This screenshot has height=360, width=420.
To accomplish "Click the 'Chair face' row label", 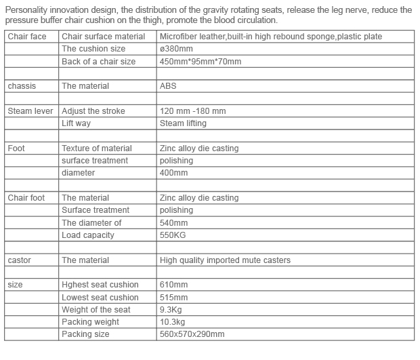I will coord(27,37).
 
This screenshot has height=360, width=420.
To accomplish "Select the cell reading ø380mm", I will coord(176,49).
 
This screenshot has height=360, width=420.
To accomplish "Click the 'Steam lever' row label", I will coord(30,111).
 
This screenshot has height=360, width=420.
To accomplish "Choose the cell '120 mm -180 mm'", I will coord(193,111).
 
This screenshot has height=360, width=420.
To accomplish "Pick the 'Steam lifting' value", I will coord(183,123).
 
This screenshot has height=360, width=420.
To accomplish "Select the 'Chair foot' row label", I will coord(26,198).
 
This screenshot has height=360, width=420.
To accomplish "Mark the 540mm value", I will coord(175,223).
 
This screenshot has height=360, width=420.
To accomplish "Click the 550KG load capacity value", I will coord(173,235).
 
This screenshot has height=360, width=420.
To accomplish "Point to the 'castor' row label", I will coord(20,260).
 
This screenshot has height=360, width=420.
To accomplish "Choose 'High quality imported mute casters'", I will coord(225,260).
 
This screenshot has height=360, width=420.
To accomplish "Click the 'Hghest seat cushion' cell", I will coord(100,285).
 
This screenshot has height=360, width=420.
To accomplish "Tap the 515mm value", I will coord(174,298).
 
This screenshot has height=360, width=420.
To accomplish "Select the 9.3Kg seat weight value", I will coord(173,310).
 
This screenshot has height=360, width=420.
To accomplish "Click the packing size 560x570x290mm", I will coord(192,334).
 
